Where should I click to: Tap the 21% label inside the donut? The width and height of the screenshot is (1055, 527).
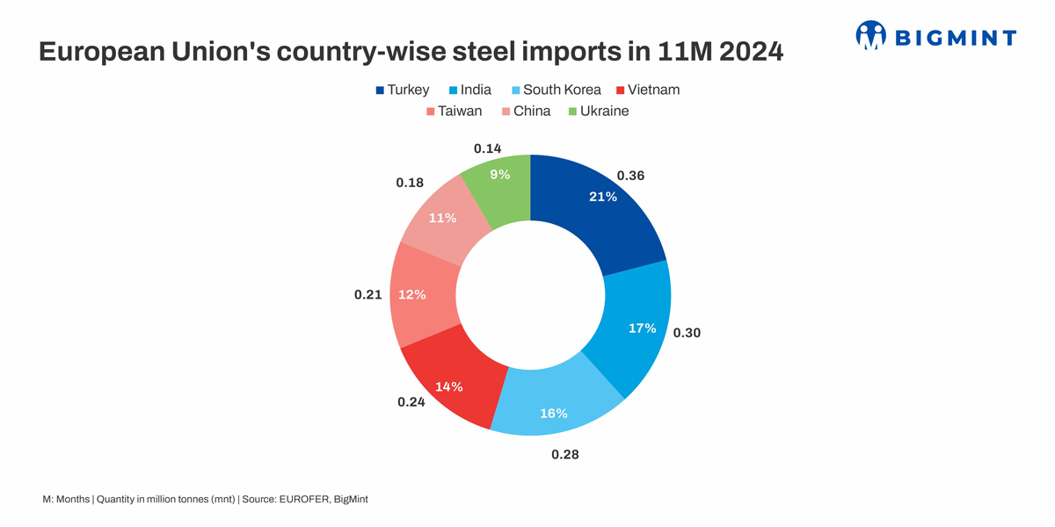click(602, 197)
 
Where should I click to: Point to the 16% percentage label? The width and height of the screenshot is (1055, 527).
click(553, 413)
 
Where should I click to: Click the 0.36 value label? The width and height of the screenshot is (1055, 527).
click(630, 176)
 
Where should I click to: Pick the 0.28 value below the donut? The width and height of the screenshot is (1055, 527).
click(565, 455)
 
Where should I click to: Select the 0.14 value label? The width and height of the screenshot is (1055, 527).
click(487, 148)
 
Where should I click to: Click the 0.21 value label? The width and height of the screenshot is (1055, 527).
click(367, 295)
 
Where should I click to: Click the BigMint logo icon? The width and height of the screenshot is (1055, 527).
click(870, 35)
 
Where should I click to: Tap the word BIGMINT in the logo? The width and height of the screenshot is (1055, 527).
click(955, 37)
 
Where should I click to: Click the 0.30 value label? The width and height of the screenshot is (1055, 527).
click(687, 333)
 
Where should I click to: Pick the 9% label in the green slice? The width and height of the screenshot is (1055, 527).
click(499, 175)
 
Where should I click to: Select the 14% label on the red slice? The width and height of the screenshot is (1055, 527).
click(449, 386)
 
